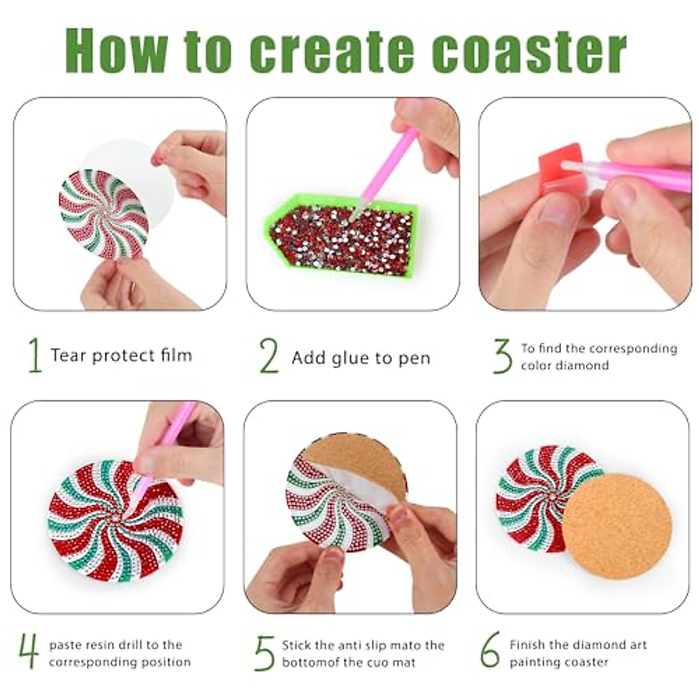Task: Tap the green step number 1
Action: [x=35, y=355]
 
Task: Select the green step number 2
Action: [x=269, y=356]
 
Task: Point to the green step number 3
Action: [x=502, y=356]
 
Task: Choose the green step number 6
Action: [x=490, y=650]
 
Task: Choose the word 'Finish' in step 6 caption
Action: [x=527, y=645]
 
